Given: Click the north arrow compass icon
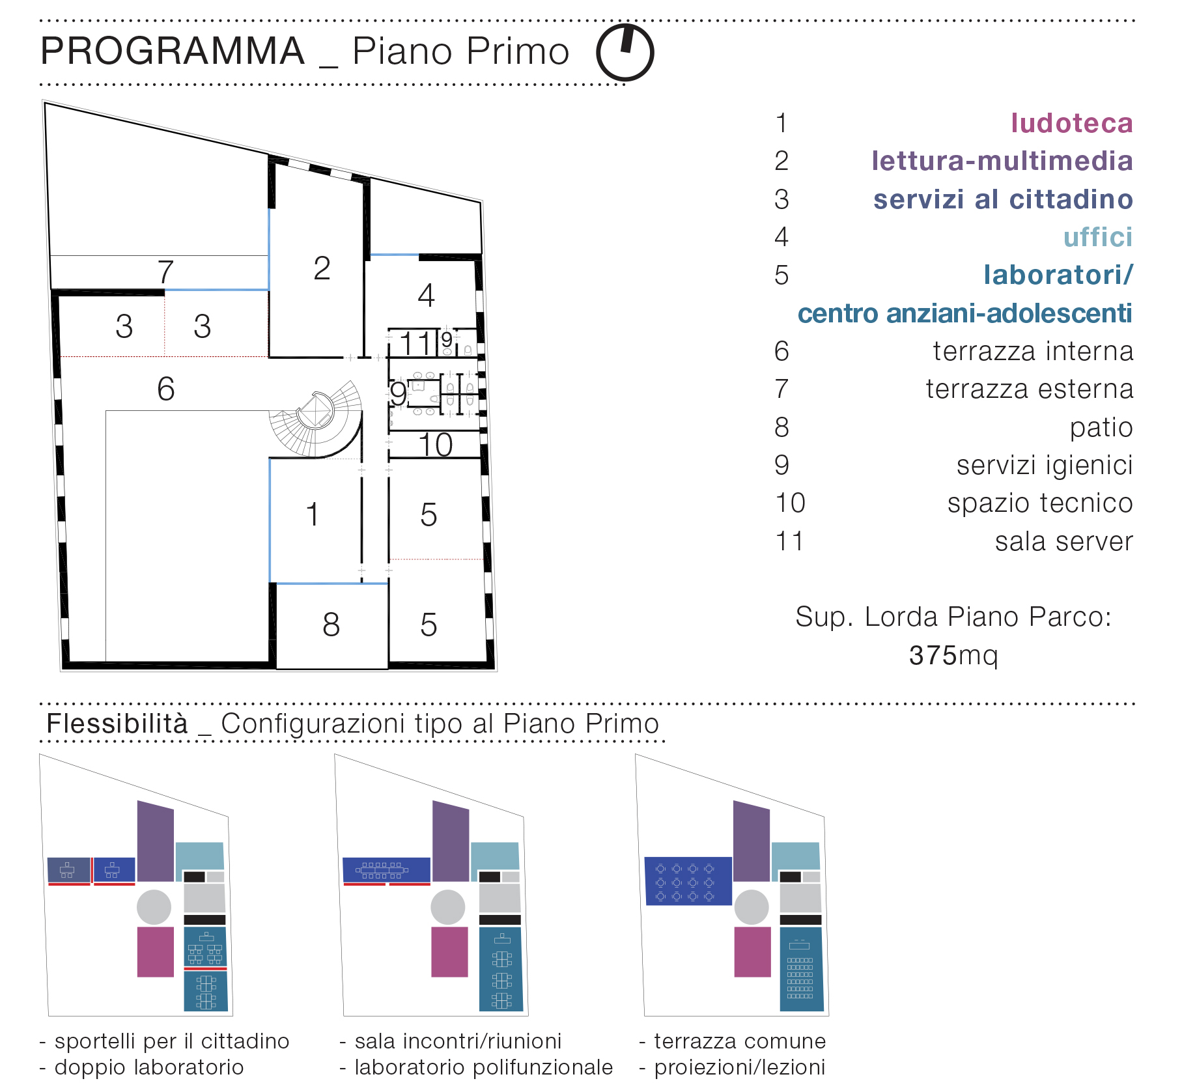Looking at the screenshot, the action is click(625, 53).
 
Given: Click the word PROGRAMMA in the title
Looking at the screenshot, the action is click(173, 51).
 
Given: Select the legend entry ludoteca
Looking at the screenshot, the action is click(1072, 123).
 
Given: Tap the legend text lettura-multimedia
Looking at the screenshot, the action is click(1002, 161).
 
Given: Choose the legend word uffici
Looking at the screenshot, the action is click(1098, 237).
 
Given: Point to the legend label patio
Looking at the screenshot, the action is click(1101, 427).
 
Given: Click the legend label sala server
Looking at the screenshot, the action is click(1064, 541).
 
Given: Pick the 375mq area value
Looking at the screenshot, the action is click(953, 655).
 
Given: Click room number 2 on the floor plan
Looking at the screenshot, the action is click(322, 268).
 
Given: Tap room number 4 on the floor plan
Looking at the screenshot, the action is click(426, 296).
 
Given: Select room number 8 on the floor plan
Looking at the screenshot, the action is click(331, 625).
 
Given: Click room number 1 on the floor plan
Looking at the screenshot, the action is click(313, 514).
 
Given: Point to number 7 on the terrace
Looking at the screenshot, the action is click(165, 272).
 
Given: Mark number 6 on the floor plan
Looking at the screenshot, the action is click(166, 389).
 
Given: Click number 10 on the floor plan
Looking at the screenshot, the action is click(435, 445).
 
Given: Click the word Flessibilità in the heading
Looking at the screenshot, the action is click(117, 724).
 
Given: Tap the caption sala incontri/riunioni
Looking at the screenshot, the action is click(458, 1041).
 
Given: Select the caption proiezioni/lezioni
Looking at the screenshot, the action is click(740, 1067).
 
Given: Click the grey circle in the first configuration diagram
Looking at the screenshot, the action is click(154, 907).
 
